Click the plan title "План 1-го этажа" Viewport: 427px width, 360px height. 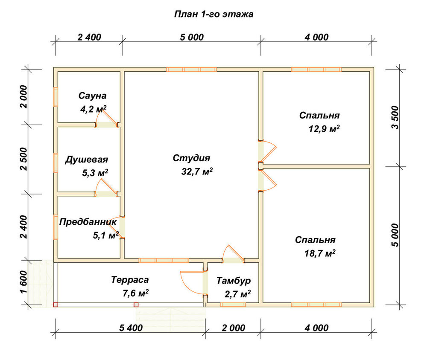(214, 14)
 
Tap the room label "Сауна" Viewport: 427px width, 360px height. (92, 96)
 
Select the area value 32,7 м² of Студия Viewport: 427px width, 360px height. (197, 171)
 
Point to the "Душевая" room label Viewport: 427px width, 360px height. (87, 160)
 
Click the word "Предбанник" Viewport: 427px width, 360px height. (88, 222)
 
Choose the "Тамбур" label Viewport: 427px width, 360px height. (234, 281)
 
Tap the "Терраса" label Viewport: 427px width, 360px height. (130, 280)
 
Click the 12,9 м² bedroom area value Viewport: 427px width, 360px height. (324, 128)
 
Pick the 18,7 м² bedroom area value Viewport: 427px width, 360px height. (320, 253)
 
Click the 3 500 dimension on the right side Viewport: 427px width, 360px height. (395, 117)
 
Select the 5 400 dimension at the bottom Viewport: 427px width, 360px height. (131, 328)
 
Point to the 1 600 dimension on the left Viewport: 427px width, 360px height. (24, 282)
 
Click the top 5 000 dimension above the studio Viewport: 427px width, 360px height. (192, 37)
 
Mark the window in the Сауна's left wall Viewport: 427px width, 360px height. (56, 97)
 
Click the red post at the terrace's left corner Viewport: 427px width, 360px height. (56, 305)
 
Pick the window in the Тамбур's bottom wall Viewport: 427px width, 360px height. (233, 305)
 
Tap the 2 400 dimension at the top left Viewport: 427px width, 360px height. (89, 37)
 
